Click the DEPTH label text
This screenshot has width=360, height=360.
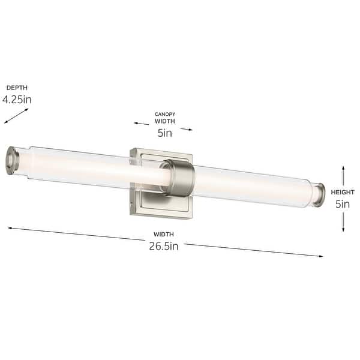(17, 88)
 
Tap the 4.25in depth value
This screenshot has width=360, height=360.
(17, 100)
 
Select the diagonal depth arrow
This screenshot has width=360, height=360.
(16, 115)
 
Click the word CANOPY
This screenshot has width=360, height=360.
(164, 113)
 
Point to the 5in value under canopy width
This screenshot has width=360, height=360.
(164, 133)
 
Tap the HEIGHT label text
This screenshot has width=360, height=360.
(343, 192)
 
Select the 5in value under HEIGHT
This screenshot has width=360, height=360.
(343, 204)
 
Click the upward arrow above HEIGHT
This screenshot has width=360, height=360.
(343, 175)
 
